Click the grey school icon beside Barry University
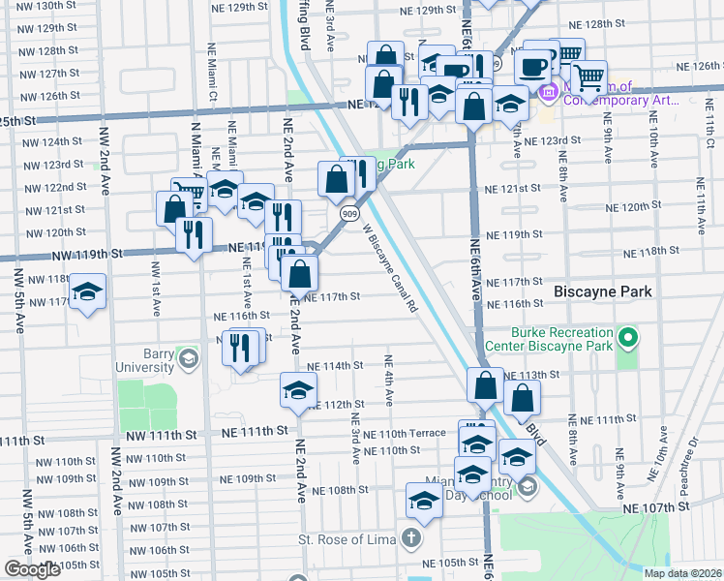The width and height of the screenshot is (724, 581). (189, 360)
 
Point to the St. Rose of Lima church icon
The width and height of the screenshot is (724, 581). (411, 537)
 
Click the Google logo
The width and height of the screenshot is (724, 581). (32, 569)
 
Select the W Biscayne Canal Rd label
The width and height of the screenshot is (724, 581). (391, 268)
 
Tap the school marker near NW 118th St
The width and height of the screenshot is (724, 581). (88, 292)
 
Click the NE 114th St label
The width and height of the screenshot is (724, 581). (335, 366)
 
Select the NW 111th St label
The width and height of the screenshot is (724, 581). (255, 429)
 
